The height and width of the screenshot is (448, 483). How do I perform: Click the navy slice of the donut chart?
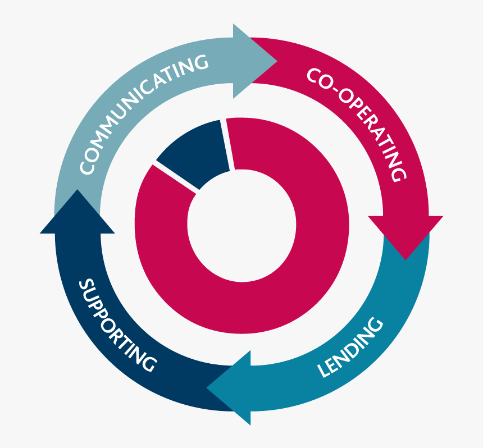coord(194,151)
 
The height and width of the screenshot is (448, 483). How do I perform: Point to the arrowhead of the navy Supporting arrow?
coord(77,213)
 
